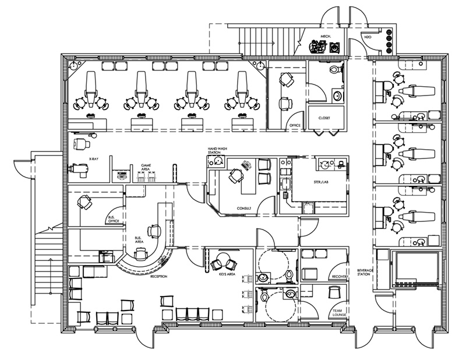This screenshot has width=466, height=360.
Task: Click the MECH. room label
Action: (326, 37)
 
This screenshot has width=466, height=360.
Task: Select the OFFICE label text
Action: (295, 125)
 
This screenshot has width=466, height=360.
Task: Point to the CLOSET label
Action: (324, 118)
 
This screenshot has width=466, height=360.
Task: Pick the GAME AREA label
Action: (146, 168)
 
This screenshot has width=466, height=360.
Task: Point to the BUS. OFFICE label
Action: (114, 219)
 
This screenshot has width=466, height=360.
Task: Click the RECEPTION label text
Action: (158, 277)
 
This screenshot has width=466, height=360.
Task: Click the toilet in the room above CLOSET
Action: (334, 70)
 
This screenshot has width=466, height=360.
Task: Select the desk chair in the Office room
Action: (285, 103)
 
